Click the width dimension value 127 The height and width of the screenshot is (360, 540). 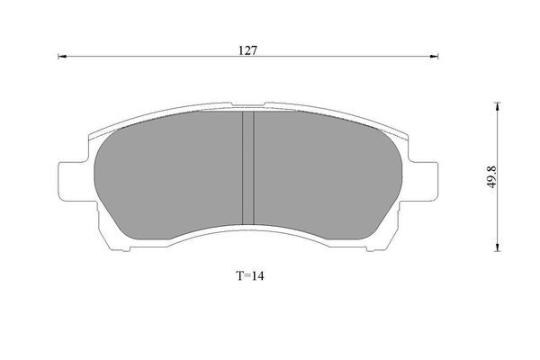pyautogui.click(x=249, y=50)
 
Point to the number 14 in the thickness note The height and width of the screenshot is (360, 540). pyautogui.click(x=259, y=276)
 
